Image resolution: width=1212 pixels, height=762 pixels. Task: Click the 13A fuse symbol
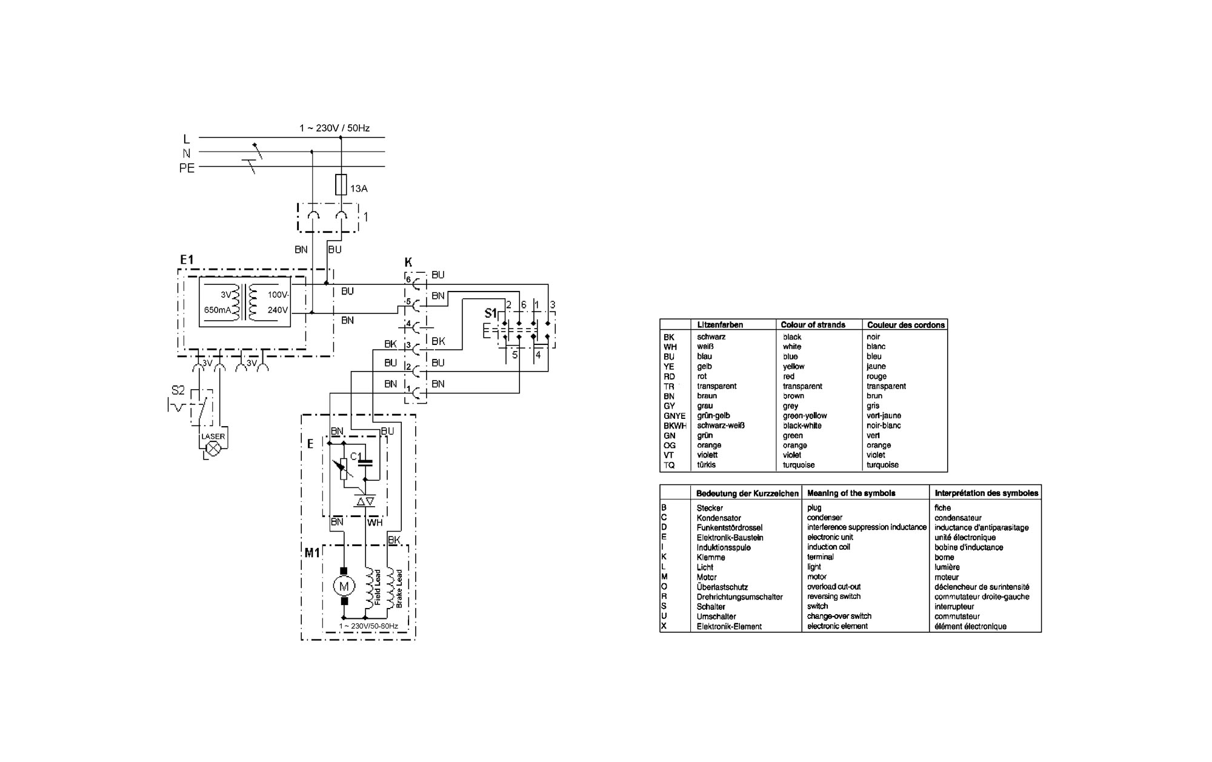pos(341,185)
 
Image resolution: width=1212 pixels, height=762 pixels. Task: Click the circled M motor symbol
pos(344,586)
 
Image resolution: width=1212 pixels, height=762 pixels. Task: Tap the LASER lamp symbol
pos(213,449)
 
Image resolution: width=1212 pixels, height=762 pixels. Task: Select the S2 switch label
pos(178,390)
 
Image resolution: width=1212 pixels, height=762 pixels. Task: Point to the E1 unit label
pos(187,260)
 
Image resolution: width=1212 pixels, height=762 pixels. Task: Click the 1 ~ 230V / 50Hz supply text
pos(335,128)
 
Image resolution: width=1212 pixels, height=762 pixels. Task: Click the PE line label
pos(187,168)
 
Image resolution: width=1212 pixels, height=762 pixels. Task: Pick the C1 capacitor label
pos(356,456)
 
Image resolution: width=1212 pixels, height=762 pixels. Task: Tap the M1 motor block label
pos(312,553)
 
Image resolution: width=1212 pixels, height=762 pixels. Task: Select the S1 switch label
pos(491,313)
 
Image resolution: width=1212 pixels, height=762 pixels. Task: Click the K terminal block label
pos(408,262)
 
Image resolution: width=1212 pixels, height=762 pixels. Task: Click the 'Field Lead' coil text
pos(378,587)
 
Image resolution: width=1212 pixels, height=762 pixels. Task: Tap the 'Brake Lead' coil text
pos(399,589)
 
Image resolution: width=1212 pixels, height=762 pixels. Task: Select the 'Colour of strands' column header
pos(813,325)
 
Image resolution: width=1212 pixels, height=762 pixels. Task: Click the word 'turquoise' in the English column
pos(799,465)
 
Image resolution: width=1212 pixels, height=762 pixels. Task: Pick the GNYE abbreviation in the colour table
pos(674,416)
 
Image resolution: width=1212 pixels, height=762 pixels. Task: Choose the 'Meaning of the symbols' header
pos(851,493)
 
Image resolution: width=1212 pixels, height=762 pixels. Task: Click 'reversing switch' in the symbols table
pos(834,597)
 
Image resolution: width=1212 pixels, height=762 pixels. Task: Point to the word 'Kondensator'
pos(719,518)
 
